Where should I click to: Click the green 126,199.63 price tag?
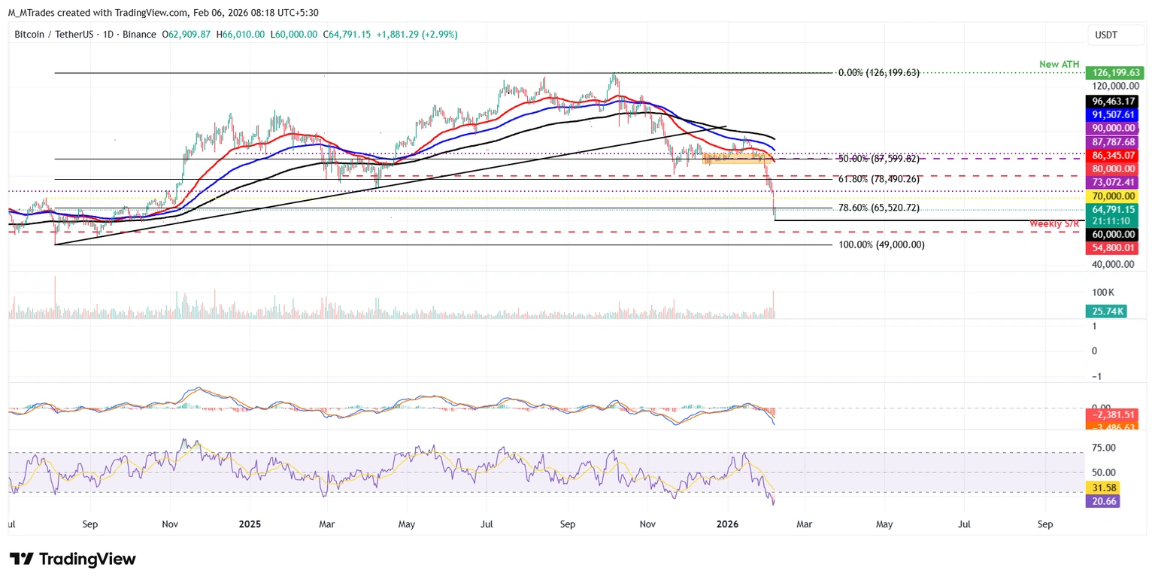point(1113,73)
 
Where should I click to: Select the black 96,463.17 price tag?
point(1113,101)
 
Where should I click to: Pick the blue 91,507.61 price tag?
point(1113,114)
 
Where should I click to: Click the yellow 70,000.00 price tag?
point(1113,196)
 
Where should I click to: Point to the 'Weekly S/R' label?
point(1055,224)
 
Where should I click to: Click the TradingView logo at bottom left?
point(73,560)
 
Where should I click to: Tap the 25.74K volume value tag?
point(1106,310)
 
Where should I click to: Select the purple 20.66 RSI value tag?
point(1102,501)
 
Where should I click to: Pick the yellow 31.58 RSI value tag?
point(1102,487)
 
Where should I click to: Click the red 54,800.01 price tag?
point(1113,248)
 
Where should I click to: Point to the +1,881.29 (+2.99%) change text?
point(417,35)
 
